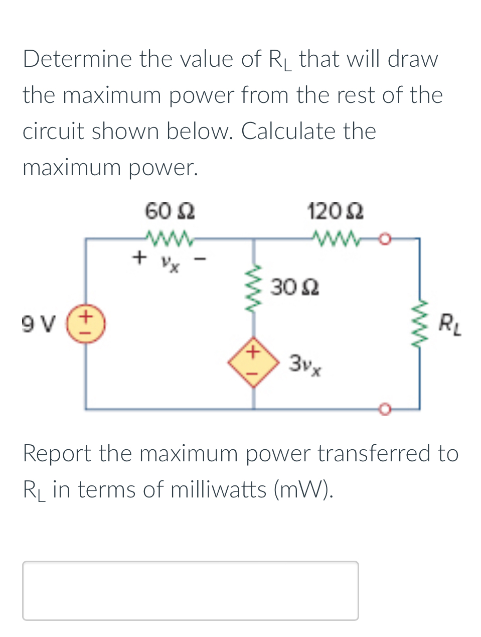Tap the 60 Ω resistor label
[170, 211]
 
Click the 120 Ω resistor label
[336, 211]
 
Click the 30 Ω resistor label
[295, 288]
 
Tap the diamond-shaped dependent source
[253, 362]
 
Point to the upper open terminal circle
[385, 239]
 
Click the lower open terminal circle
[385, 410]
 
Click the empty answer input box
[190, 590]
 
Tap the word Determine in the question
[77, 59]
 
